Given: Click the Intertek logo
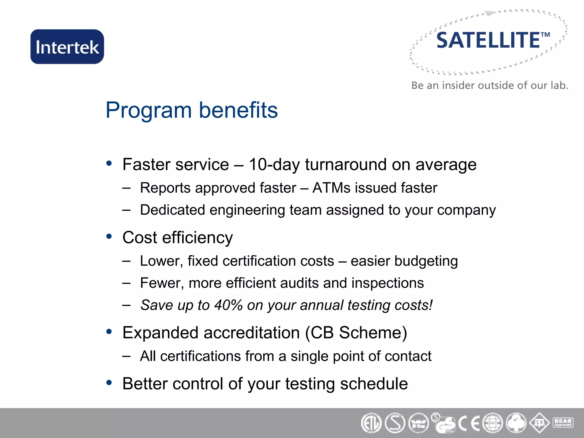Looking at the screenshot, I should pyautogui.click(x=67, y=47).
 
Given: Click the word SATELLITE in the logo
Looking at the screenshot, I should pyautogui.click(x=488, y=40).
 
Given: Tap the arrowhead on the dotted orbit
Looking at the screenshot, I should pyautogui.click(x=490, y=13).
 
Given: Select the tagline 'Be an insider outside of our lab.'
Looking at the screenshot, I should pyautogui.click(x=490, y=85).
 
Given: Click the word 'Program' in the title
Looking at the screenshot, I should pyautogui.click(x=149, y=110).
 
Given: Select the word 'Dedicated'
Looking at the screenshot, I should pyautogui.click(x=173, y=210).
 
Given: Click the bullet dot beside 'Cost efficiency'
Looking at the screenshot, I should pyautogui.click(x=109, y=236).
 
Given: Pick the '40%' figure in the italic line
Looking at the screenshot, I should pyautogui.click(x=228, y=305).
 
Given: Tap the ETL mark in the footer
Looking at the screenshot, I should pyautogui.click(x=371, y=423).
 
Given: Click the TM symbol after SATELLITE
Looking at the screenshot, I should pyautogui.click(x=545, y=35).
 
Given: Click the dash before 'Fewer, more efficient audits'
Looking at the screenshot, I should pyautogui.click(x=126, y=283).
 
